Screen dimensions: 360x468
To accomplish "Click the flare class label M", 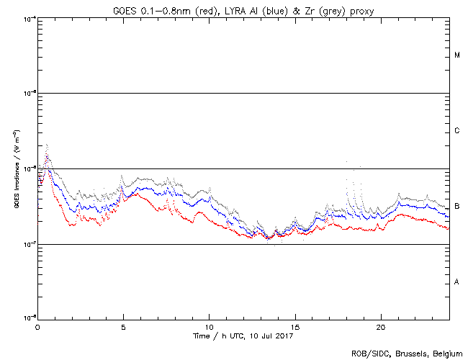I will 457,55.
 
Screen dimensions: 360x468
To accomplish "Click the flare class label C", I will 457,131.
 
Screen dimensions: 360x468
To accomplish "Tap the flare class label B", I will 457,206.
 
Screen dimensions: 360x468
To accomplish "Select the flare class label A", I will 457,282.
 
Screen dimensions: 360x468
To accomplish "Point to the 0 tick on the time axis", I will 37,326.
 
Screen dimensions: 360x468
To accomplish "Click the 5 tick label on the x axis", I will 123,326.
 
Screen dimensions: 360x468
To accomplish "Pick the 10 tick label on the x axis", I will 209,326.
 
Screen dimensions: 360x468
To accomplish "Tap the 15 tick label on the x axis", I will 295,326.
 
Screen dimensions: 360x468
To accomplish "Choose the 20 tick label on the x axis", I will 381,326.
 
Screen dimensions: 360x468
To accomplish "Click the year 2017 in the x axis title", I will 284,336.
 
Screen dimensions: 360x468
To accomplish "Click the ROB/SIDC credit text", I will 367,354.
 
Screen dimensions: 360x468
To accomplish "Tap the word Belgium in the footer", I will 443,354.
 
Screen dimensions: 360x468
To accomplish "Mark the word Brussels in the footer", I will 406,354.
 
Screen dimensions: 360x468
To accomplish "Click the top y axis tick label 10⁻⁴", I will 29,19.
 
